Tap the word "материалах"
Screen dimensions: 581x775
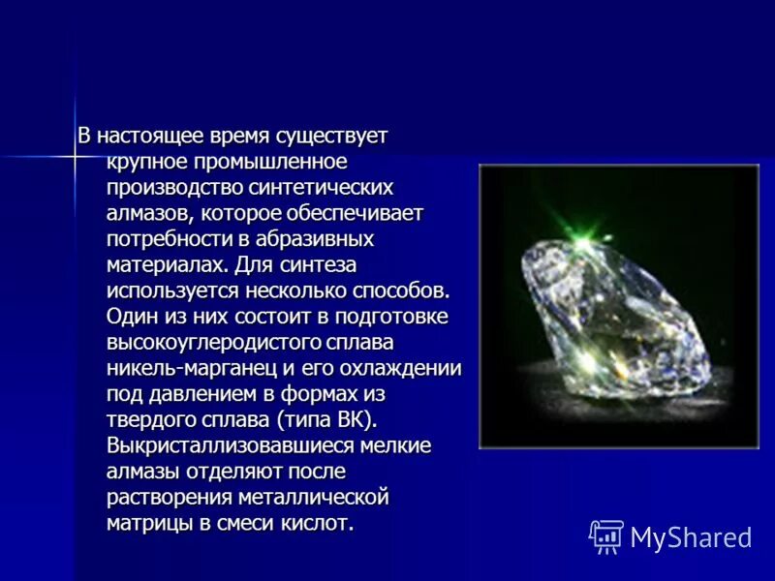[x=167, y=264]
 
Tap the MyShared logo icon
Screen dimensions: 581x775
[x=606, y=535]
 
